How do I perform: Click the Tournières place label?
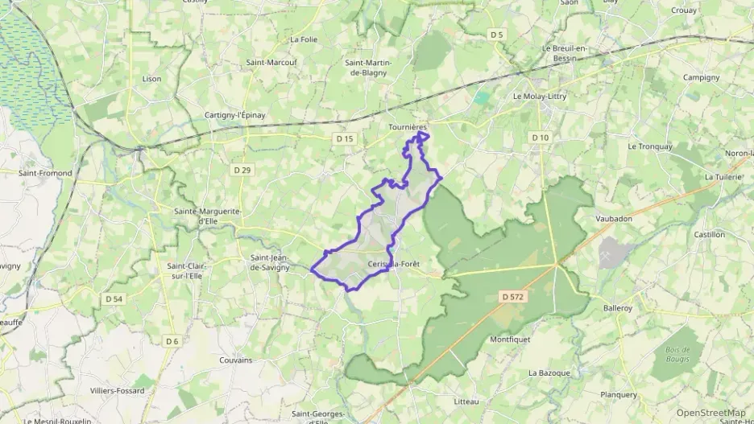408,127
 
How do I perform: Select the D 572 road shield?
512,296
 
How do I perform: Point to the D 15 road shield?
344,139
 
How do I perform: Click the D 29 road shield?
242,170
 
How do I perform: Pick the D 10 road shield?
540,138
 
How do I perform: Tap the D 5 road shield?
496,35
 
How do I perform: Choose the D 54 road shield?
114,298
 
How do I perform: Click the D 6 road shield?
172,341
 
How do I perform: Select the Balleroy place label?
619,307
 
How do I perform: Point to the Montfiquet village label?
510,340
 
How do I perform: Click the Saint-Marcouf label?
271,62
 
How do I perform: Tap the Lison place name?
151,79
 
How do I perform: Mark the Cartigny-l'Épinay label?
234,115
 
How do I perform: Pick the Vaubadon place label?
614,218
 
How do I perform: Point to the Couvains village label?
236,360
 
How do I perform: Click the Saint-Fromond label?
45,172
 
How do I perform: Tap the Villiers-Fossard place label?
118,391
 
